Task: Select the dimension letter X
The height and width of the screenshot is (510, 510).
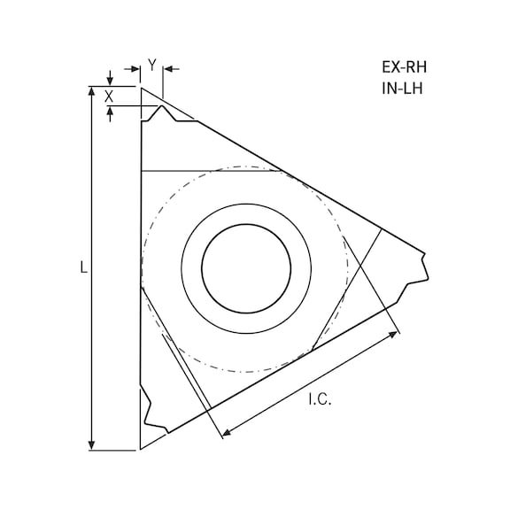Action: click(x=109, y=96)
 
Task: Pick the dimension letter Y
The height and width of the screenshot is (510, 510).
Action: click(x=152, y=65)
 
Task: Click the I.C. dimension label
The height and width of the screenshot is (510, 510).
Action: click(x=320, y=401)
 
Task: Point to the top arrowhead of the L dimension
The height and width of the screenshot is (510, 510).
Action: click(x=92, y=91)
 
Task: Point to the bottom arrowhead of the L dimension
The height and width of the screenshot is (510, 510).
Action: click(x=92, y=445)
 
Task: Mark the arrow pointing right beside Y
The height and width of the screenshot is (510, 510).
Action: click(x=135, y=68)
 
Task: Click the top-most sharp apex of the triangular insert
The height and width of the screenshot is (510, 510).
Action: click(x=142, y=87)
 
